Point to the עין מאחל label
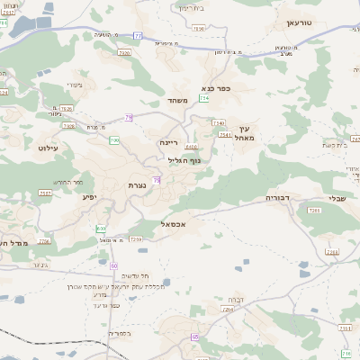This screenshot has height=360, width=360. pos(243,133)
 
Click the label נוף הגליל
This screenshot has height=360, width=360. pos(185,160)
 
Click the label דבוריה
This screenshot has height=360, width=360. pos(279,197)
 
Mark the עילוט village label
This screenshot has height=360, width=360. pos(49,147)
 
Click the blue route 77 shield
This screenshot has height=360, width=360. pos(138,35)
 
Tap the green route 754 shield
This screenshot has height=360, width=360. pos(203,99)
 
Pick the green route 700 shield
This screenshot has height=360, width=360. pos(114,140)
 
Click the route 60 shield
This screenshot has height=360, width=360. pos(114,265)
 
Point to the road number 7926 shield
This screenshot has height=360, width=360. pos(125,54)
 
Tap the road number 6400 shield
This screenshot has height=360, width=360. pos(191,147)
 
